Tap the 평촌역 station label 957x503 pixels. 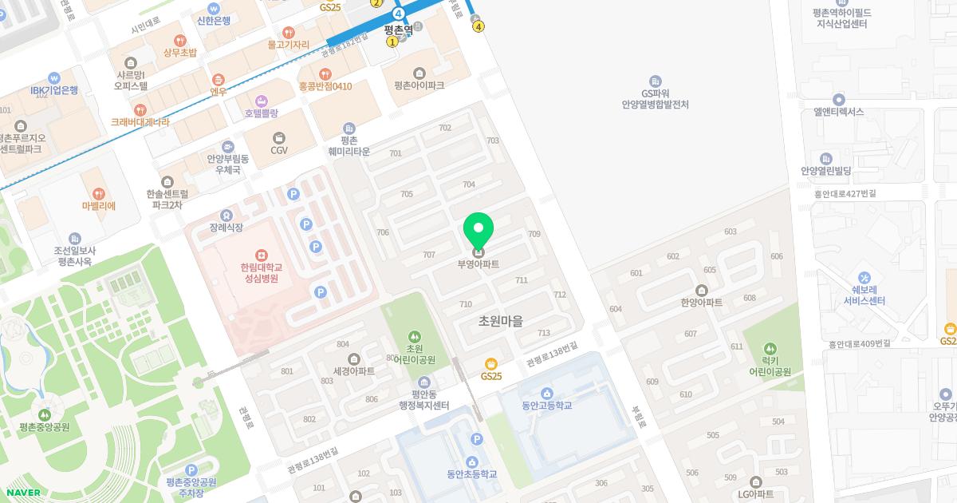(x=398, y=30)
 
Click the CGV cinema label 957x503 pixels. (x=279, y=150)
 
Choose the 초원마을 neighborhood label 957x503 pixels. (x=500, y=321)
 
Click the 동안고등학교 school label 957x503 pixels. (x=547, y=406)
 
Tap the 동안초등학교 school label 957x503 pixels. (x=472, y=474)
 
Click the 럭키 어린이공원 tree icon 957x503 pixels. (x=770, y=349)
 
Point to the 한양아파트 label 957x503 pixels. (x=702, y=303)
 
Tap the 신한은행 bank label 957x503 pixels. (x=212, y=21)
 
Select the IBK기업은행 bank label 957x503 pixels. (x=54, y=90)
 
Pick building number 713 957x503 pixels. (x=544, y=333)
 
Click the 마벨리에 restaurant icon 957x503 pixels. (x=99, y=193)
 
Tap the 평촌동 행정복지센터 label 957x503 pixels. (x=424, y=400)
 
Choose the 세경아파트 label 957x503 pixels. (x=354, y=371)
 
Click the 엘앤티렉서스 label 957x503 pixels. (x=839, y=112)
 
